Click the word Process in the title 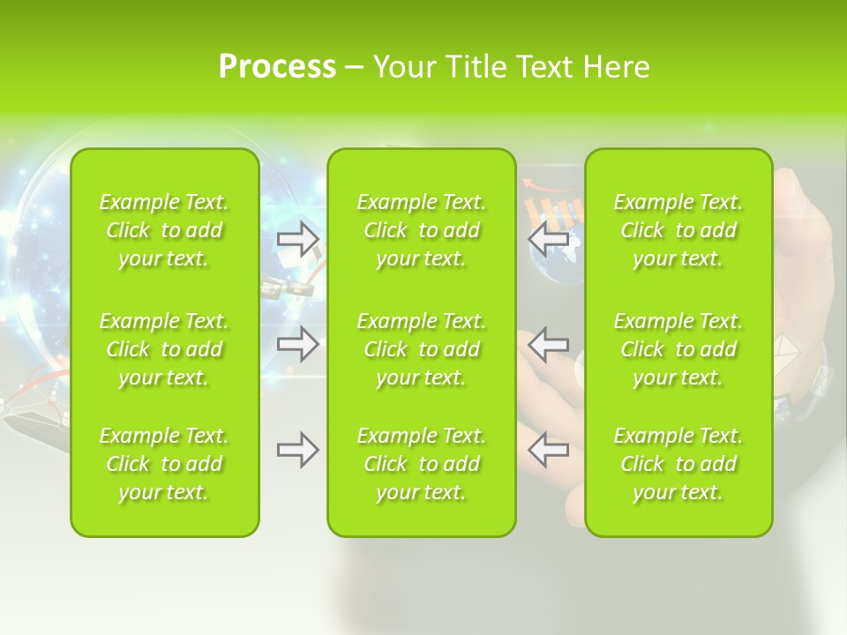click(x=277, y=67)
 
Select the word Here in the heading click(x=616, y=67)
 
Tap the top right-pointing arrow click(x=298, y=239)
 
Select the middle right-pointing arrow click(x=298, y=344)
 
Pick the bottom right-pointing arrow click(x=298, y=450)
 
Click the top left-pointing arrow click(x=548, y=239)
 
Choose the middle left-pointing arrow click(x=548, y=344)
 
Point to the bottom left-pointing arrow click(x=548, y=450)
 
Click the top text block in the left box click(x=164, y=230)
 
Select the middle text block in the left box click(x=164, y=349)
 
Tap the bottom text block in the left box click(x=164, y=464)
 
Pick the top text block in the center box click(x=421, y=230)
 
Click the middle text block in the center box click(x=421, y=349)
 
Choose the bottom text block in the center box click(x=421, y=464)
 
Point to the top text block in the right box click(x=678, y=230)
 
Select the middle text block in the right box click(x=678, y=349)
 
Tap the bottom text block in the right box click(x=678, y=464)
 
